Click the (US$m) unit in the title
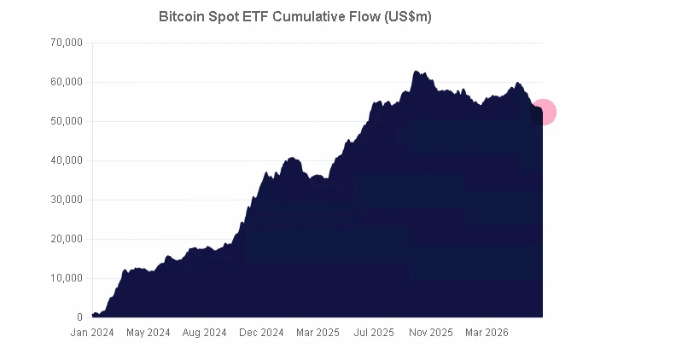(408, 17)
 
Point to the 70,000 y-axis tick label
(67, 43)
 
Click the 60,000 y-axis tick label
(67, 82)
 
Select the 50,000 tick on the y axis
(67, 121)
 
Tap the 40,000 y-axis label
(67, 160)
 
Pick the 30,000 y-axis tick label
(67, 200)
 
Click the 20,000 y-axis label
(67, 239)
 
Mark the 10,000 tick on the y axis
(67, 278)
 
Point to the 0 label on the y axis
(79, 317)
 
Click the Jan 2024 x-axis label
(92, 333)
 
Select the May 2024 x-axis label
(149, 333)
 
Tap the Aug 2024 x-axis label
(204, 333)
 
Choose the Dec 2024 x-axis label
(261, 333)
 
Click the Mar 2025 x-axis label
(318, 333)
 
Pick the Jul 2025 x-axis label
(374, 333)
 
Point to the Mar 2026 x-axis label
(487, 333)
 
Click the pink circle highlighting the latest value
(543, 112)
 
